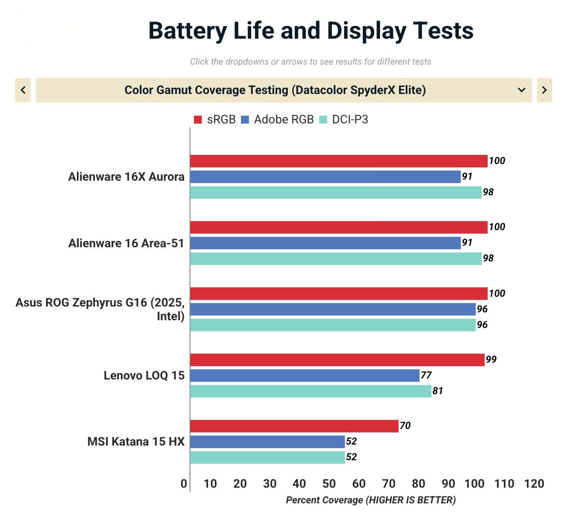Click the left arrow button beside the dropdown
[x=23, y=90]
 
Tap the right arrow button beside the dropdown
[x=544, y=90]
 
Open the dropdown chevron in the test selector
[x=521, y=90]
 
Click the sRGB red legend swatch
[x=198, y=119]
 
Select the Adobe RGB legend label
[x=283, y=119]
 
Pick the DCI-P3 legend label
[x=350, y=119]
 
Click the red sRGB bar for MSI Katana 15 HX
[x=294, y=426]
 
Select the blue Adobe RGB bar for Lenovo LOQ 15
[x=305, y=376]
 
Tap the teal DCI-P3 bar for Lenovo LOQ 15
[x=310, y=391]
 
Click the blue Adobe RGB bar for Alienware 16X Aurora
[x=325, y=177]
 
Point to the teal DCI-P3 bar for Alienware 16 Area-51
[x=335, y=259]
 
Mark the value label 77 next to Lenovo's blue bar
[x=426, y=376]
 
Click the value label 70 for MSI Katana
[x=405, y=426]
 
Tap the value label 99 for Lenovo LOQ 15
[x=491, y=360]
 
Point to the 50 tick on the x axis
[x=329, y=484]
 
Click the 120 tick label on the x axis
[x=534, y=484]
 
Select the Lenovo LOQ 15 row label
[x=144, y=376]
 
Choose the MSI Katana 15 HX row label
[x=136, y=442]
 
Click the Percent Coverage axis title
[x=371, y=500]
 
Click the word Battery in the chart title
[x=188, y=30]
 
